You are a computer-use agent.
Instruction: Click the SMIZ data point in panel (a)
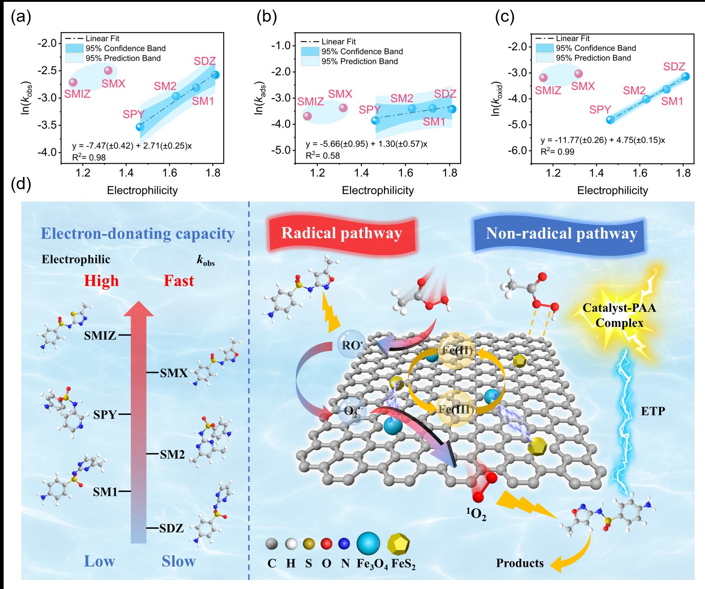[73, 82]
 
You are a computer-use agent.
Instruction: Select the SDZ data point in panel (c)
[685, 77]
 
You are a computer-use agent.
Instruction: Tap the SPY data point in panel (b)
[375, 120]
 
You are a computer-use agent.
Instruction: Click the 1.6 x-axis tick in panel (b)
[405, 173]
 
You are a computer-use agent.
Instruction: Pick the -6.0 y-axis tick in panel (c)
[518, 151]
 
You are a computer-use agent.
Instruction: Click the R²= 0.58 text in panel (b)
[323, 156]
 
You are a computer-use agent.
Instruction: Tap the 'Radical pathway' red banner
[342, 233]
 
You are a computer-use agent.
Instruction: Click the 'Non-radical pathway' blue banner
[562, 234]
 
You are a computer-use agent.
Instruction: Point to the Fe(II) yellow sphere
[457, 350]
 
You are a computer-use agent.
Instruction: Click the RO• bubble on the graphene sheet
[352, 345]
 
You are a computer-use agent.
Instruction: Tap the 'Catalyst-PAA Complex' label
[619, 315]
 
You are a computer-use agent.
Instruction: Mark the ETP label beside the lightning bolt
[653, 411]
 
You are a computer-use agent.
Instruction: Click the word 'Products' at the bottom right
[520, 563]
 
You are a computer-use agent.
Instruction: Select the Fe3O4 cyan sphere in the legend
[368, 544]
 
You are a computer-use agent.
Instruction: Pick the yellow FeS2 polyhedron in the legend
[399, 544]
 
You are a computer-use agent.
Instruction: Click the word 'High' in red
[101, 281]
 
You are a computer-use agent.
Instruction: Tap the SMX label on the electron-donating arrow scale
[174, 373]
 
